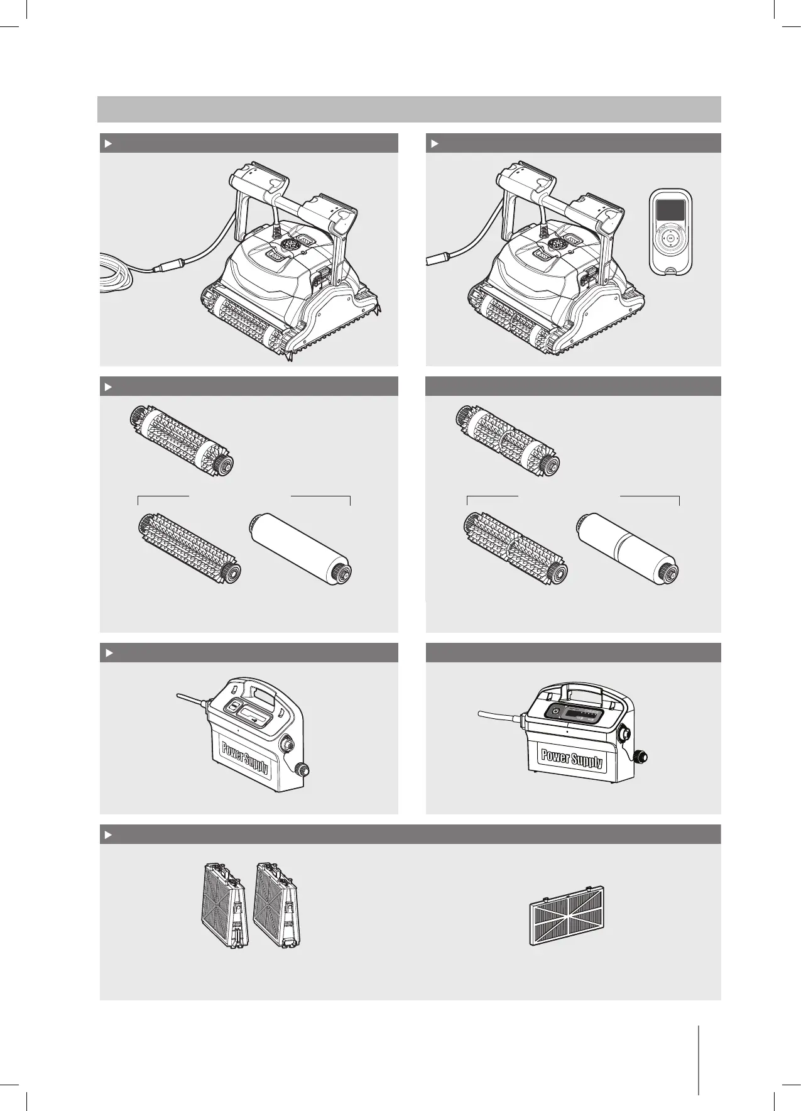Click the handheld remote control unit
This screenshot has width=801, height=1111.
click(671, 234)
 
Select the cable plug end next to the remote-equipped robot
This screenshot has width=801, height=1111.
click(437, 259)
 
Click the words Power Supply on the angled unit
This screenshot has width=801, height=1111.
click(244, 757)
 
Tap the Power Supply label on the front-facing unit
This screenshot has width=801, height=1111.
click(572, 758)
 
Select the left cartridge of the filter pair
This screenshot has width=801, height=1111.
click(225, 906)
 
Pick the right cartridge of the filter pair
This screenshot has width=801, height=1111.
click(277, 906)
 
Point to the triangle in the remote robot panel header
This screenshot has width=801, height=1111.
click(434, 143)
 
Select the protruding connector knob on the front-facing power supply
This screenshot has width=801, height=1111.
click(640, 757)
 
